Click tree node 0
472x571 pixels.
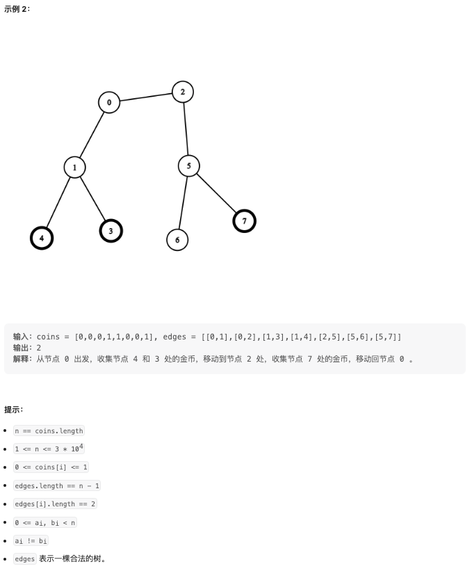pos(108,102)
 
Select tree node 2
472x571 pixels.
pos(183,92)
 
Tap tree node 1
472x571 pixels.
pos(74,168)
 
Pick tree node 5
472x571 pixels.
pos(188,166)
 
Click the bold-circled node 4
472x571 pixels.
pos(42,238)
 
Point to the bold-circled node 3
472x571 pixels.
pos(111,230)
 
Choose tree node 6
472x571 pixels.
pos(177,240)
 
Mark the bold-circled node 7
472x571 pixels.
pos(244,221)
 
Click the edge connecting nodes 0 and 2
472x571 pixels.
pos(146,97)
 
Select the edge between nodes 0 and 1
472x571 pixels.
pos(92,134)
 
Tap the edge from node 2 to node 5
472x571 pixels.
pos(186,129)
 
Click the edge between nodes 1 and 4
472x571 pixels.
pos(58,203)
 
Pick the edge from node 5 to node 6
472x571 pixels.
pos(183,202)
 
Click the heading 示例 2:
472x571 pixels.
pos(17,8)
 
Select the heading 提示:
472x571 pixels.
pos(14,409)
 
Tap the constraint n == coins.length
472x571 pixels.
pos(49,431)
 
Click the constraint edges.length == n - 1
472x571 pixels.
pos(57,485)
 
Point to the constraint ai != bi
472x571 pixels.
pos(31,540)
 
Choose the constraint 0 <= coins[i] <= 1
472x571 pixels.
pos(51,467)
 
